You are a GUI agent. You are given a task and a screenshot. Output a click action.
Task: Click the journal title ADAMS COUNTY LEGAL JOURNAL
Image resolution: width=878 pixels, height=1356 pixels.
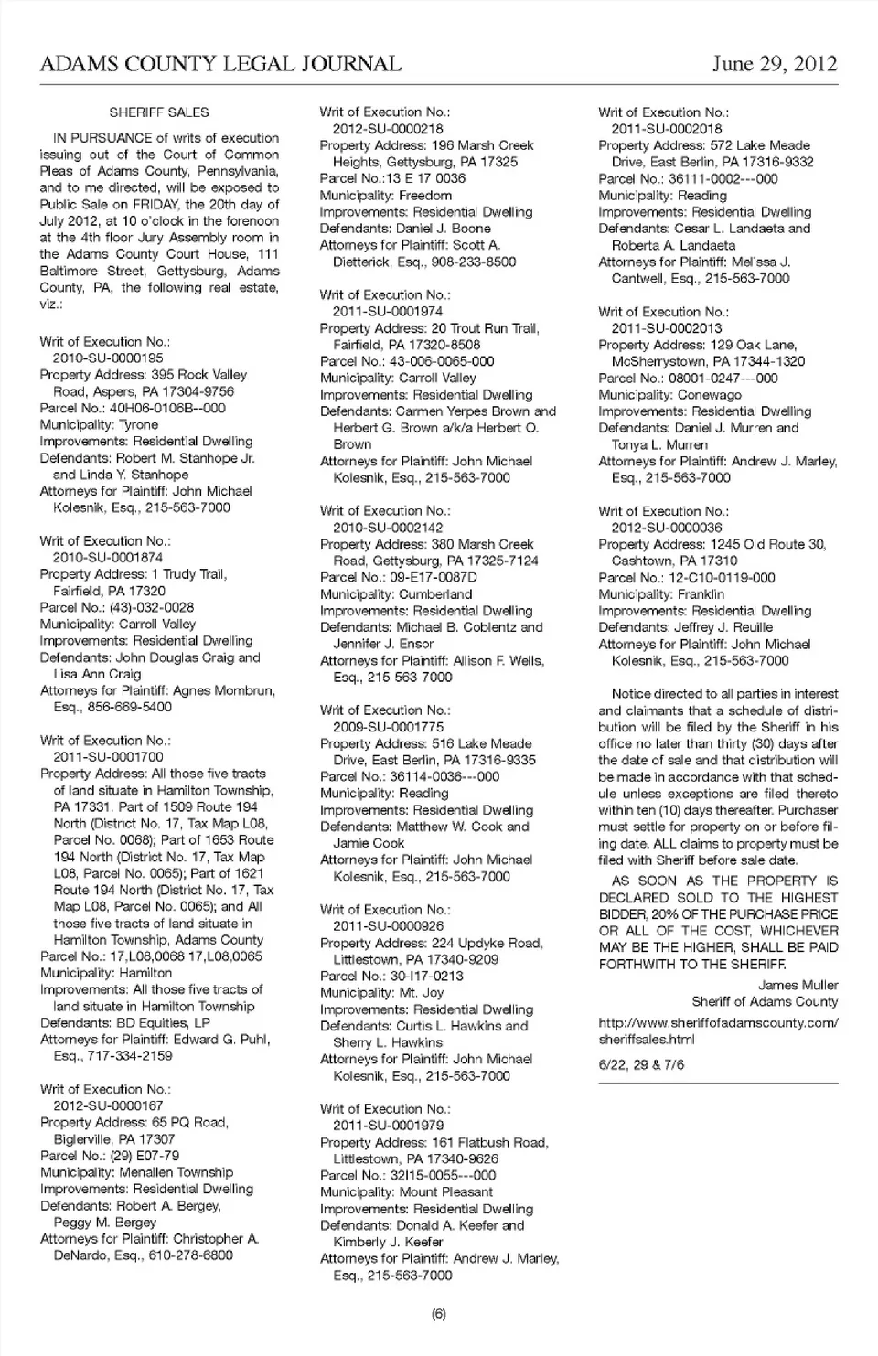pyautogui.click(x=220, y=64)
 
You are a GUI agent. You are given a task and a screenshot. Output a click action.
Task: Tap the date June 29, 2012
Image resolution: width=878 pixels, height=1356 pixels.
pyautogui.click(x=775, y=64)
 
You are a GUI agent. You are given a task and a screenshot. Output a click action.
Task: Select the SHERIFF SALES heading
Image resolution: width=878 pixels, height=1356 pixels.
pyautogui.click(x=159, y=112)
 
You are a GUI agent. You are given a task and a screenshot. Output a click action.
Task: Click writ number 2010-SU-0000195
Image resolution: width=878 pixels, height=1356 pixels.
pyautogui.click(x=108, y=358)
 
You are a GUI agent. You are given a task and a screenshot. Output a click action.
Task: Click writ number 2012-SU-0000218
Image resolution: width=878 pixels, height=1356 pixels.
pyautogui.click(x=388, y=129)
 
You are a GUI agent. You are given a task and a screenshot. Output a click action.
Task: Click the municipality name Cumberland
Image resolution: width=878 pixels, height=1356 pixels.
pyautogui.click(x=435, y=594)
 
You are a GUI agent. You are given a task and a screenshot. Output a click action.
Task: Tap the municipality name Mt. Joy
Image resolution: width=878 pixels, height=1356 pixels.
pyautogui.click(x=422, y=993)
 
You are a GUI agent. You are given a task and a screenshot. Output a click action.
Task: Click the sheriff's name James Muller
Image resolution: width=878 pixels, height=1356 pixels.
pyautogui.click(x=798, y=985)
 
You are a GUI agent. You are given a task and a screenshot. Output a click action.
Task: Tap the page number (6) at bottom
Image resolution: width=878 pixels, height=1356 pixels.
pyautogui.click(x=438, y=1314)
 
